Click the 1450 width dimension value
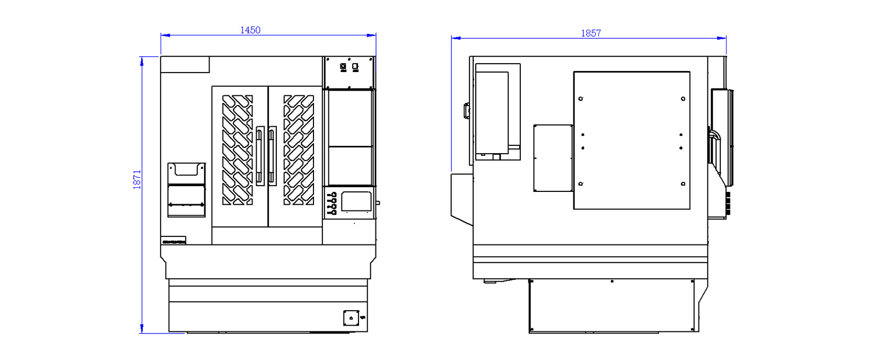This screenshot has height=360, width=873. [x=250, y=30]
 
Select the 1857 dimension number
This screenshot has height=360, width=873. [x=591, y=33]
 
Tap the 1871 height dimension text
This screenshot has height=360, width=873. [x=137, y=180]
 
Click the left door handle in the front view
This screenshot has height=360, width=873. [x=260, y=156]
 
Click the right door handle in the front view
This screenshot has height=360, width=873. [x=272, y=156]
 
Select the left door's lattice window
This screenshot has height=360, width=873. [x=238, y=150]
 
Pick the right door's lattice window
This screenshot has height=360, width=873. [x=299, y=150]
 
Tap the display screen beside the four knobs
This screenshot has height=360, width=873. [x=356, y=201]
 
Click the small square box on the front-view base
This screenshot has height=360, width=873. [x=351, y=318]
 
